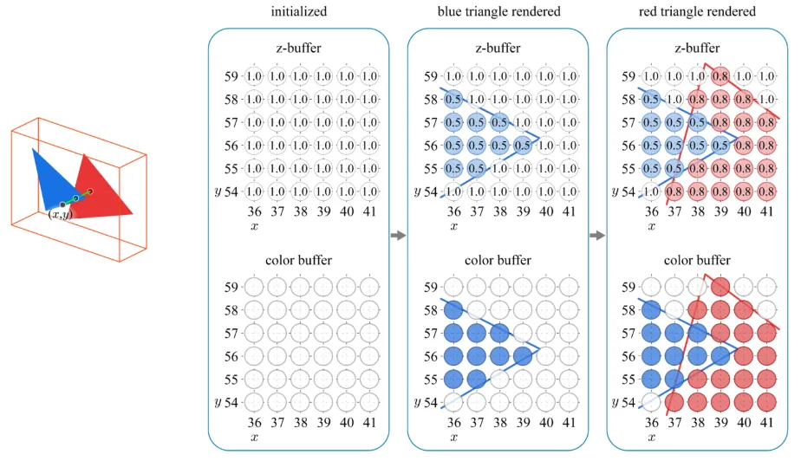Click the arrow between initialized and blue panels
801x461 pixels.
[398, 235]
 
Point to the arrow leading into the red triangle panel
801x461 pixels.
[597, 235]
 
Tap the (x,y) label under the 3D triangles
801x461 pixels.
[61, 214]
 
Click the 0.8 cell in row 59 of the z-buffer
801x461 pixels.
[720, 76]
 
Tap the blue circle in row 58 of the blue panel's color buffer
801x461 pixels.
[453, 309]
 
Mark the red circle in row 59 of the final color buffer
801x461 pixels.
[720, 287]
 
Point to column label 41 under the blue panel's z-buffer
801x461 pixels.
[568, 209]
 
